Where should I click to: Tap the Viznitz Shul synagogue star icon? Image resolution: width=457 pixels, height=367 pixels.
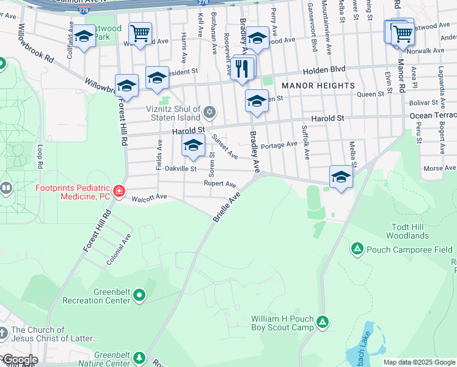[210, 112]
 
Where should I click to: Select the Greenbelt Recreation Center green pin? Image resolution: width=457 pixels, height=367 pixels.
[139, 296]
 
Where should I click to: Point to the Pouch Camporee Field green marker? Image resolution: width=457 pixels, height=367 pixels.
[357, 249]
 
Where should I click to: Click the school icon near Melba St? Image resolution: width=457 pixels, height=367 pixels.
[341, 177]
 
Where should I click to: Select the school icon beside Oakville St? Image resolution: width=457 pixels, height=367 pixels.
[193, 146]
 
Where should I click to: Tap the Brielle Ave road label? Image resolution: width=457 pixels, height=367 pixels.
[227, 206]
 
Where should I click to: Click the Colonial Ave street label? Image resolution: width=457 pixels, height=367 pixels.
[119, 250]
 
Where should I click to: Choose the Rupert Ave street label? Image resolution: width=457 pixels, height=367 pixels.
[220, 183]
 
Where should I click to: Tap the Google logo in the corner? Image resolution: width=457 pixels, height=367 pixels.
[20, 360]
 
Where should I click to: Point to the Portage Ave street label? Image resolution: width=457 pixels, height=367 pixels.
[279, 146]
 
